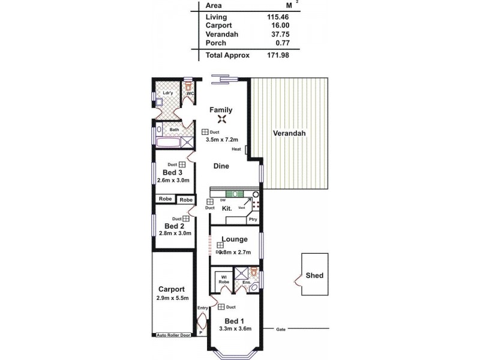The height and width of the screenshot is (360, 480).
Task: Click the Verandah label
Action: (290, 133)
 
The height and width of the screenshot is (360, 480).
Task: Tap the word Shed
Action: (314, 275)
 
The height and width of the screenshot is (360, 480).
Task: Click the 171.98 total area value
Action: (278, 55)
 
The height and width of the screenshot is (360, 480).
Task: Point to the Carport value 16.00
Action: (278, 26)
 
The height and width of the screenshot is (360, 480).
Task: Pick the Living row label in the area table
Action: (216, 17)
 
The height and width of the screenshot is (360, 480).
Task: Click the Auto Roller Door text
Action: (173, 335)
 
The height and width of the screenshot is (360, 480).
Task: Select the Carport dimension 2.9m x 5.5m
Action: (172, 298)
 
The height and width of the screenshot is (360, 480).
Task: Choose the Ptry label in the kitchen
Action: (253, 220)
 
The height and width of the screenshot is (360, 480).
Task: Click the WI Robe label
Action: (223, 278)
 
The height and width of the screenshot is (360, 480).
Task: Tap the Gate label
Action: (280, 329)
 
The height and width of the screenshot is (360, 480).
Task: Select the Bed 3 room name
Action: (172, 172)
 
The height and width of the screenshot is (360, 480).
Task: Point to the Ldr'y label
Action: (168, 94)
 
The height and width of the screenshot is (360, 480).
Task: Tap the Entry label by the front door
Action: (202, 308)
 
